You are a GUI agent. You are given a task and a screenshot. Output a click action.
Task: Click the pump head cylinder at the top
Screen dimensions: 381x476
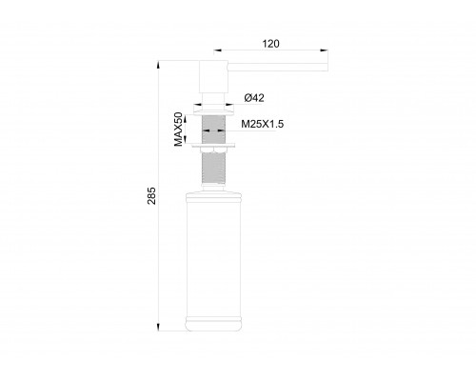pyautogui.click(x=211, y=75)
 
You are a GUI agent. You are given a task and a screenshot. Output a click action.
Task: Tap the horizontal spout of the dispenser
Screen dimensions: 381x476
pyautogui.click(x=276, y=67)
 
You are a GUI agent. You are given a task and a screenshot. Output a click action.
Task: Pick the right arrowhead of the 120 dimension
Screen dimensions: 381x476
pyautogui.click(x=325, y=51)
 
